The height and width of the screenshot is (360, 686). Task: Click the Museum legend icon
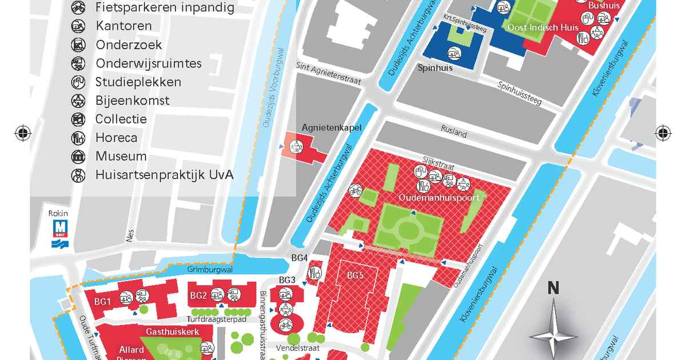coord(78,157)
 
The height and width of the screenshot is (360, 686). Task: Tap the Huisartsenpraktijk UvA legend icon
coord(78,175)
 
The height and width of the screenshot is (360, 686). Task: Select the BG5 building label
coord(355,275)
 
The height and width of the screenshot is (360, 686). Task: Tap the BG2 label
coord(198,295)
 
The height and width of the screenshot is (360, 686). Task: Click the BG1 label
coord(102,301)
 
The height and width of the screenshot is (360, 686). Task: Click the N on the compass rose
coord(553,288)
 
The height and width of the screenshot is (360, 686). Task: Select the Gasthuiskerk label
coord(163,331)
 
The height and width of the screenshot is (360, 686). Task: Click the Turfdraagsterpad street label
coord(216,319)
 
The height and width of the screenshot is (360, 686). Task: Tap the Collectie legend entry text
coord(121,119)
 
